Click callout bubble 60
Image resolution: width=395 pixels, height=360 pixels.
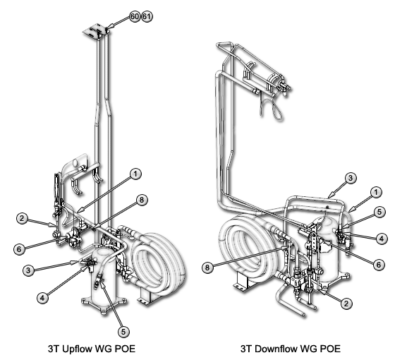tap(135, 16)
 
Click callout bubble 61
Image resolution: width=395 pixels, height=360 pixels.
tap(147, 16)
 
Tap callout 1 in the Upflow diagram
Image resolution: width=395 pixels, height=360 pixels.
tap(135, 174)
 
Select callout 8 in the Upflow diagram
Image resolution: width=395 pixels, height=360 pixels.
tap(142, 200)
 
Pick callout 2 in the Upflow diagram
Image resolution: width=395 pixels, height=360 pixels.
tap(22, 218)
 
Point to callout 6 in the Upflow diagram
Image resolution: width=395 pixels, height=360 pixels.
tap(20, 250)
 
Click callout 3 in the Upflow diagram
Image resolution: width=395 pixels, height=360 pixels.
tap(28, 270)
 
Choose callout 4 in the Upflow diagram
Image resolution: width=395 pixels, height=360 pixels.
tap(42, 298)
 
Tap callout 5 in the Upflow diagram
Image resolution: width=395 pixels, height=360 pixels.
tap(123, 332)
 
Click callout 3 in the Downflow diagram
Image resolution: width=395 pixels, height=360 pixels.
tap(351, 178)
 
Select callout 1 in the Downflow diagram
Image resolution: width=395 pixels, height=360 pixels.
tap(376, 193)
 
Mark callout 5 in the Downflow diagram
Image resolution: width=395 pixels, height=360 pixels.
tap(379, 212)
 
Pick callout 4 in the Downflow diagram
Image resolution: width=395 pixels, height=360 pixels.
tap(382, 239)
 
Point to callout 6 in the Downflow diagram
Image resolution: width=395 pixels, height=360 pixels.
tap(379, 265)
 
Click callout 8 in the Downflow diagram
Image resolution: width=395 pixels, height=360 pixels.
tap(207, 268)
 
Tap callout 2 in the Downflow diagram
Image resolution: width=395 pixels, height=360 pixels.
tap(346, 304)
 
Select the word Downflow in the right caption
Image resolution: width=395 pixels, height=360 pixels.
tap(274, 349)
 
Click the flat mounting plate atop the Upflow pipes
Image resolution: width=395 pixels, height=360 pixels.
tap(95, 31)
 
